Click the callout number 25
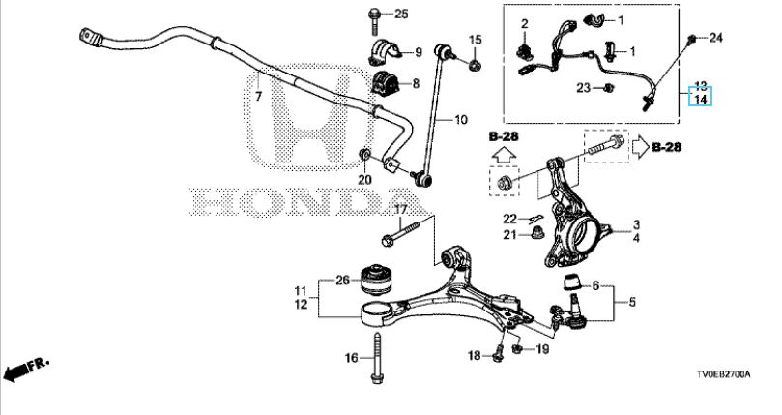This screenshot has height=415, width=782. (402, 13)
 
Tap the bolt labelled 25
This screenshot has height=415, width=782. (374, 15)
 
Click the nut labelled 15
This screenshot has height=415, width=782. (475, 64)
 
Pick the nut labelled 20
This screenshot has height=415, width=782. (364, 156)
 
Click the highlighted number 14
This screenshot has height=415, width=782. (699, 98)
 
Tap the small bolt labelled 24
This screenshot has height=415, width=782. (692, 39)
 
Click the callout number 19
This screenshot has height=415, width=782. (541, 348)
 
